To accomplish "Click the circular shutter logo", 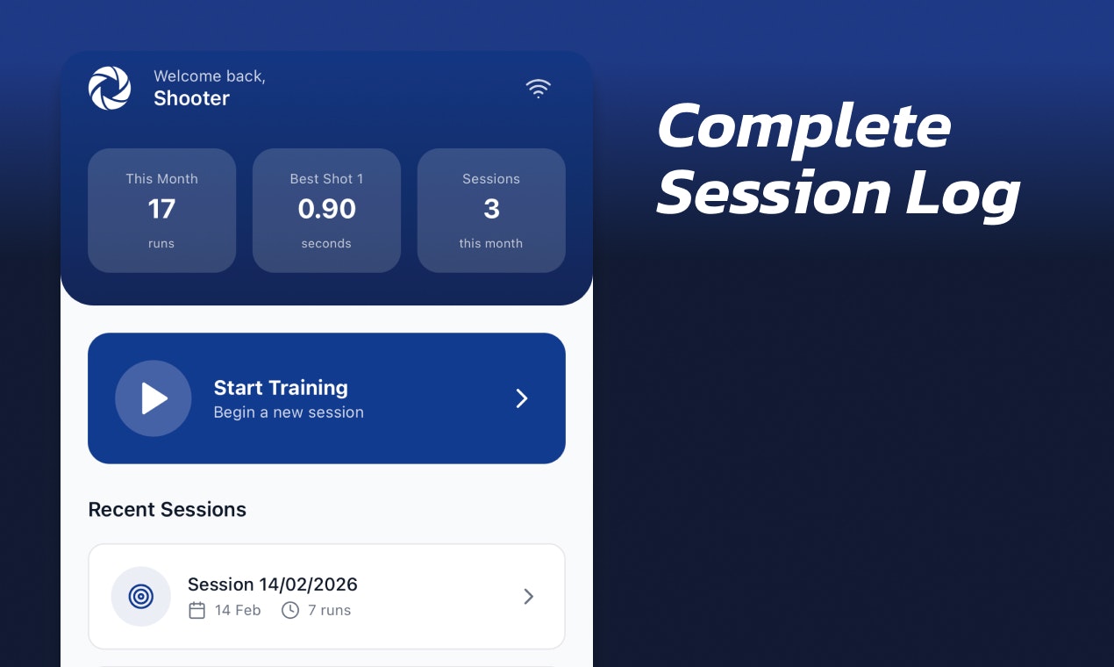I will pyautogui.click(x=110, y=89).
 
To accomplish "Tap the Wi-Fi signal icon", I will pyautogui.click(x=538, y=88).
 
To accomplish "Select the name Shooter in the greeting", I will pyautogui.click(x=191, y=98).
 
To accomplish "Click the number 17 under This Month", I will pyautogui.click(x=161, y=209).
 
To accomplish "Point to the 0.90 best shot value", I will pyautogui.click(x=326, y=209).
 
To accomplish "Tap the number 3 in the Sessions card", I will pyautogui.click(x=491, y=209).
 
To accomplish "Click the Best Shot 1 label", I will pyautogui.click(x=326, y=179).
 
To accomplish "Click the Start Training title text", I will pyautogui.click(x=281, y=388).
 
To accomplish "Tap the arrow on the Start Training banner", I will pyautogui.click(x=522, y=398).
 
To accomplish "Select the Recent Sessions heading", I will pyautogui.click(x=168, y=510).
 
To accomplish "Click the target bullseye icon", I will pyautogui.click(x=140, y=597).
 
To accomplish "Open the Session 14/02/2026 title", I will pyautogui.click(x=273, y=585).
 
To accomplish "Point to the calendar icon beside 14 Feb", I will pyautogui.click(x=197, y=610).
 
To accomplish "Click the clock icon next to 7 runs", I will pyautogui.click(x=290, y=610).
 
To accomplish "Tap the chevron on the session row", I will pyautogui.click(x=528, y=597).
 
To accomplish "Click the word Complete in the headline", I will pyautogui.click(x=803, y=127).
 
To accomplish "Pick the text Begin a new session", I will pyautogui.click(x=289, y=412).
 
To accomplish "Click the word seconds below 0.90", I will pyautogui.click(x=326, y=244).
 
